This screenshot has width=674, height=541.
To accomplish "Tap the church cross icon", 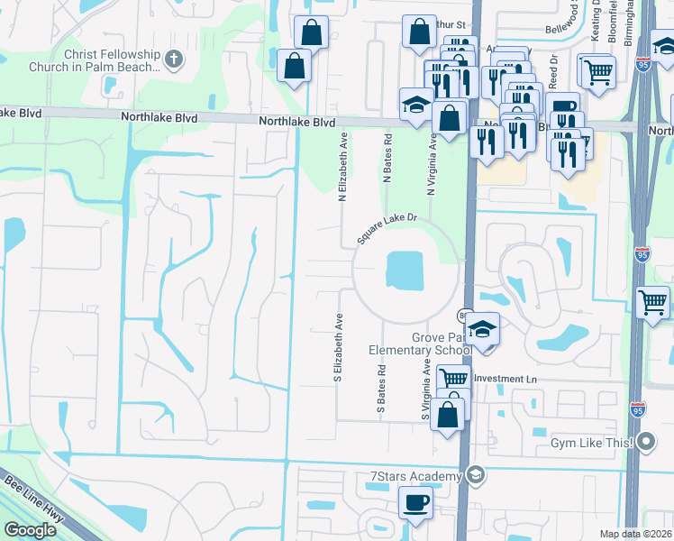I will point(175,60).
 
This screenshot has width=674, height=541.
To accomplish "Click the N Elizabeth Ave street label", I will point(343,169).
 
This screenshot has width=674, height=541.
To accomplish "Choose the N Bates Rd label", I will point(387,160).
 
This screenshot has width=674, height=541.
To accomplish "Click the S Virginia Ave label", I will point(426,389).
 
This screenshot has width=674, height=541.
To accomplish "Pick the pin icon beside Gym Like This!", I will point(646,443).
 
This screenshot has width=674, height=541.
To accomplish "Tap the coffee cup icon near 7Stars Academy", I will point(414,502).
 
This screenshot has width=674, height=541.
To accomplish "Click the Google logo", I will point(29,530).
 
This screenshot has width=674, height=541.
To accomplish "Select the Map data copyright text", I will point(636,534).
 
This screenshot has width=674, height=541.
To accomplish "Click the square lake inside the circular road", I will point(405,270).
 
